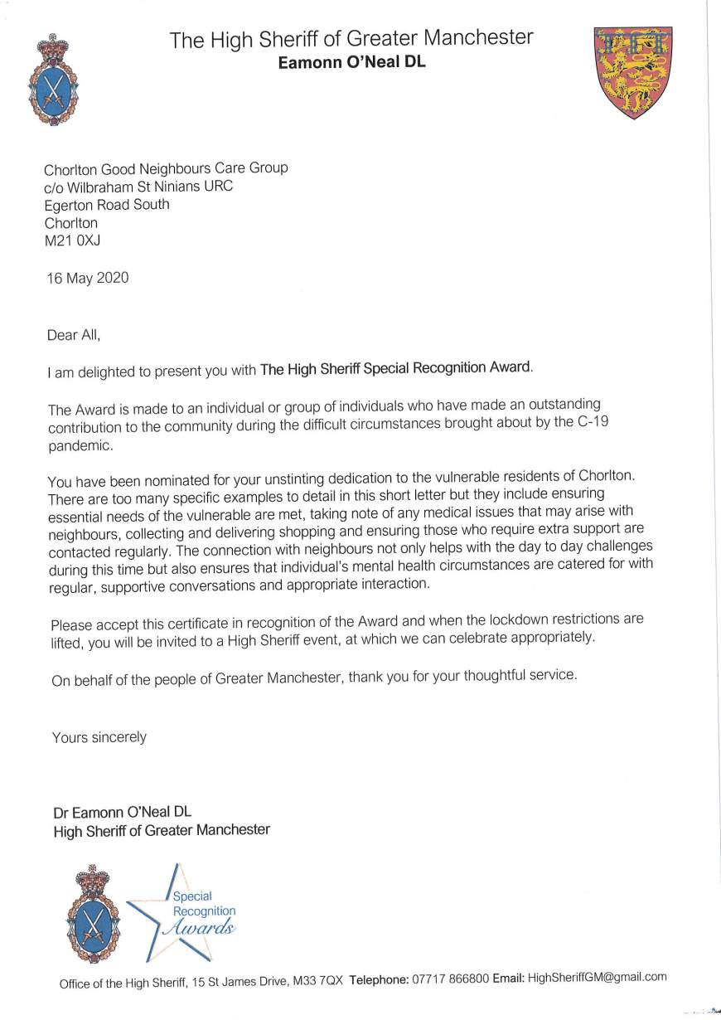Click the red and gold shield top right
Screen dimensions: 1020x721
point(633,71)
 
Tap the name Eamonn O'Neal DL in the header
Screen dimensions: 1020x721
point(351,61)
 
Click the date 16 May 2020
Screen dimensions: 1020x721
point(88,279)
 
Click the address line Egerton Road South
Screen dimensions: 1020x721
point(107,205)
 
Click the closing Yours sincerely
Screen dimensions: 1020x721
point(99,737)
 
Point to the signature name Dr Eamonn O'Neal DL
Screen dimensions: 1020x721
point(122,813)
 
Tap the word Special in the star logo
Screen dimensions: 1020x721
point(192,896)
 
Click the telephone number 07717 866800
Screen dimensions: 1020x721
point(451,979)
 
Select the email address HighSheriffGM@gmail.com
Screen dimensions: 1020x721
point(597,977)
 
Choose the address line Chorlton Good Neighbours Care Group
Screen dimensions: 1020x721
point(167,168)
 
